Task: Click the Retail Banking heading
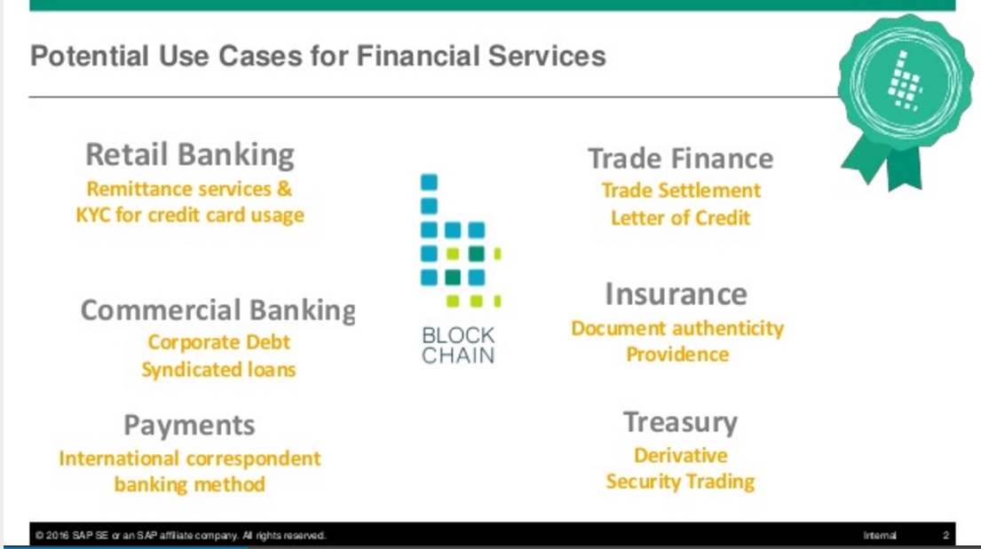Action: click(x=190, y=155)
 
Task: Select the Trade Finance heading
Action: click(x=681, y=159)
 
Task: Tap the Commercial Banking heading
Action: click(x=218, y=310)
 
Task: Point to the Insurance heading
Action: click(x=676, y=294)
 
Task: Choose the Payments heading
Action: click(x=189, y=426)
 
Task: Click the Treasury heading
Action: click(x=680, y=423)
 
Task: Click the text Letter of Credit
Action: click(x=680, y=217)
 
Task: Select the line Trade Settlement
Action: click(x=681, y=190)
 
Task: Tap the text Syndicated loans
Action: click(x=218, y=370)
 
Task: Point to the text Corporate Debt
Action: click(x=218, y=342)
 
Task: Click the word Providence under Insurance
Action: click(x=677, y=355)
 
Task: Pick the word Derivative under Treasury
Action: click(x=680, y=455)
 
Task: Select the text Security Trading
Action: click(x=680, y=482)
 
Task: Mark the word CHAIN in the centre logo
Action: click(x=458, y=356)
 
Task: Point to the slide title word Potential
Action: click(x=89, y=56)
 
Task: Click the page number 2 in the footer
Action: click(x=946, y=535)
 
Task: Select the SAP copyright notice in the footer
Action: click(x=180, y=535)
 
